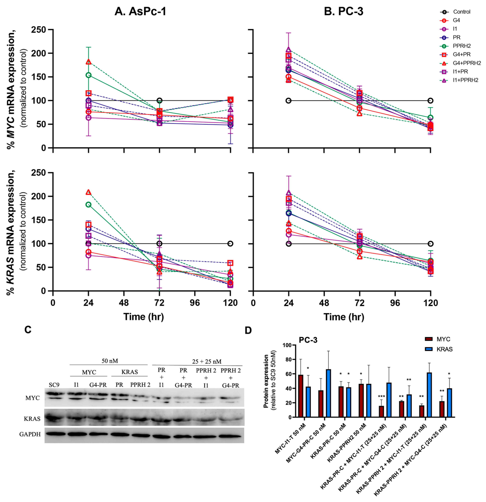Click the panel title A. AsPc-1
point(140,12)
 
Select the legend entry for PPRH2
point(461,46)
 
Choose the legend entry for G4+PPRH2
point(466,63)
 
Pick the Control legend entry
point(461,12)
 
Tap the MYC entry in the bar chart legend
point(443,339)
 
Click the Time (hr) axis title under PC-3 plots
point(344,317)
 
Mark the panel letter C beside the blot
point(28,330)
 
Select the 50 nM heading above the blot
point(110,361)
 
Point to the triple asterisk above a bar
point(381,396)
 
